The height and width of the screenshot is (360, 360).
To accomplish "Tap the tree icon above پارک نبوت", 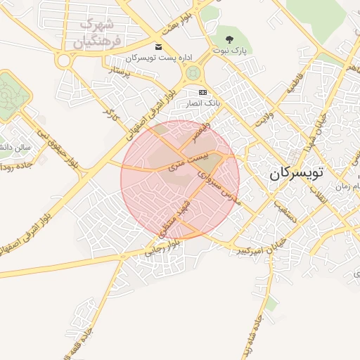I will [x=229, y=39].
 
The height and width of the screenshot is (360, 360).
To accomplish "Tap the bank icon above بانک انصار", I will [x=202, y=92].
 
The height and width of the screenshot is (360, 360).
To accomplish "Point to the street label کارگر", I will [x=108, y=112].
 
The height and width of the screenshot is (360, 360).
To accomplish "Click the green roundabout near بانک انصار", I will [x=191, y=72].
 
